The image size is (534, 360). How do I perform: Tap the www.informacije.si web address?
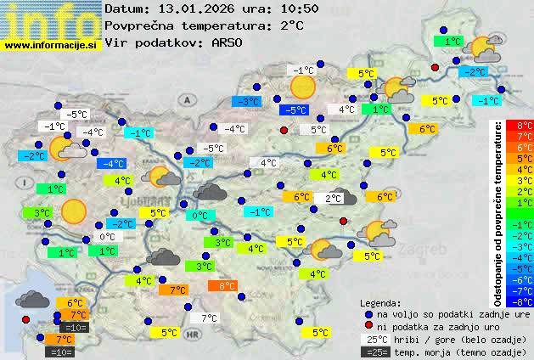(x=50, y=45)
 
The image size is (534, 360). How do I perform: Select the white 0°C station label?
(x=108, y=237)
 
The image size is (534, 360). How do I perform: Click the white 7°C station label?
(x=207, y=318)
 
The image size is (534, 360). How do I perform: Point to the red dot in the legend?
(x=368, y=326)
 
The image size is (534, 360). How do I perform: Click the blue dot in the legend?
(x=368, y=313)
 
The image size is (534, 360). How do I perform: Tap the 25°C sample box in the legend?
(x=375, y=339)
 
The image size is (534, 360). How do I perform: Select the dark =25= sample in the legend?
(x=375, y=352)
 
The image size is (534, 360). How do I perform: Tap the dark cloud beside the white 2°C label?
(x=343, y=198)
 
